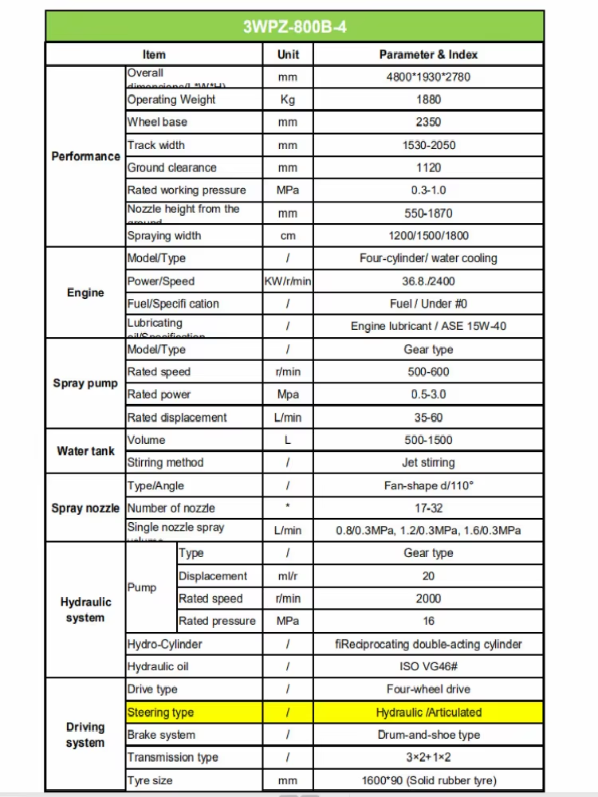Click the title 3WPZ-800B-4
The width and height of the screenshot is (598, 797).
[x=294, y=27]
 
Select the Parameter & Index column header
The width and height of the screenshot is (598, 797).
[x=428, y=54]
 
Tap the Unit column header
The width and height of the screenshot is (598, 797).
[x=288, y=54]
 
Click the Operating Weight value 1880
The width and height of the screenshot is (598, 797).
[x=428, y=100]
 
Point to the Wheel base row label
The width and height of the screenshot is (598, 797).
[x=158, y=122]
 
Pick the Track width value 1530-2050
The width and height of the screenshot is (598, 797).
[x=428, y=145]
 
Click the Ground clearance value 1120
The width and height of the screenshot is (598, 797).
[x=428, y=167]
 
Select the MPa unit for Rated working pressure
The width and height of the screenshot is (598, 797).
[x=288, y=190]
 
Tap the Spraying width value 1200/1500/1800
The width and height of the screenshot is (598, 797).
[x=428, y=236]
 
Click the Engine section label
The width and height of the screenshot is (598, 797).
[x=85, y=292]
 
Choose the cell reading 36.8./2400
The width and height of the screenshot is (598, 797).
[x=428, y=281]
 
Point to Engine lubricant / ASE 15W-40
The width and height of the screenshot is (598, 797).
[x=428, y=326]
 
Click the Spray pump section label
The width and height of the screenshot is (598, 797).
[x=85, y=383]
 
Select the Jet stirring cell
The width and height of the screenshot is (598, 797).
[x=428, y=462]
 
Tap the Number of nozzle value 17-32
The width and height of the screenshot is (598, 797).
[x=428, y=508]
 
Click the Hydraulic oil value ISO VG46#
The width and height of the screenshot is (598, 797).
[x=428, y=666]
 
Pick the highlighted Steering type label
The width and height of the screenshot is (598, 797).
[x=160, y=713]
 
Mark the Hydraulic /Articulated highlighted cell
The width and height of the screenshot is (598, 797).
[x=428, y=713]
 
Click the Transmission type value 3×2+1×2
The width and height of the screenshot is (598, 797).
[x=428, y=757]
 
